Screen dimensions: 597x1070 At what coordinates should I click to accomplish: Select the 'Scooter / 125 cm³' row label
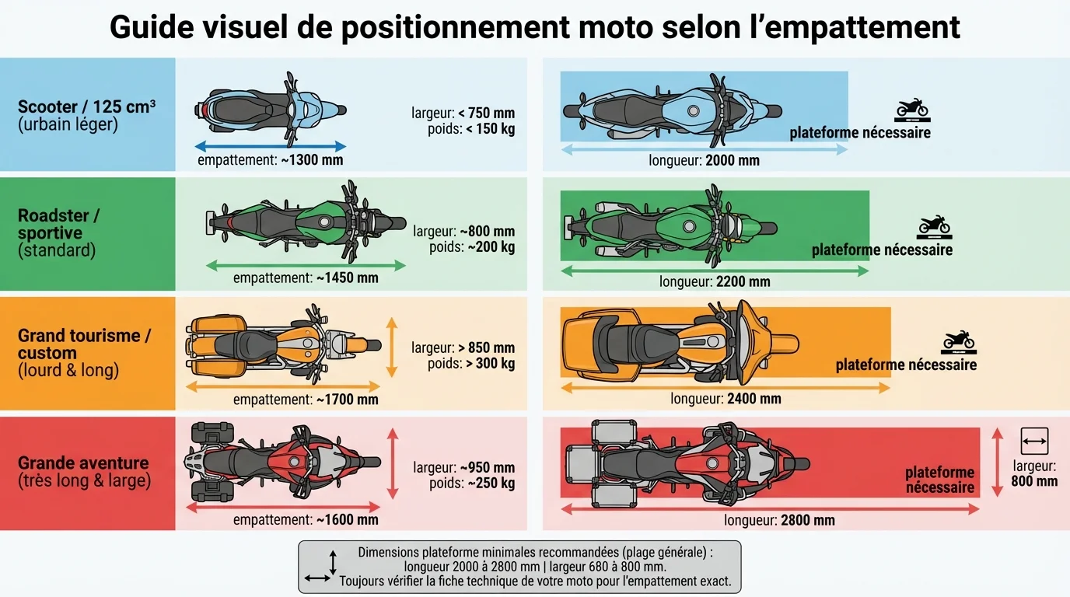tap(86, 107)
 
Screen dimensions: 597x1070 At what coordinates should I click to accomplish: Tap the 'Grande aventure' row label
tap(83, 463)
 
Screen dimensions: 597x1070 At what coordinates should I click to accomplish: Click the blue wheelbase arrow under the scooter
tap(270, 146)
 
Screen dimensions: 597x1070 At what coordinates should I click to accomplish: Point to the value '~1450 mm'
tap(348, 278)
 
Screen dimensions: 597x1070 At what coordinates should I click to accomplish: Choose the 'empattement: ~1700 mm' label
tap(306, 400)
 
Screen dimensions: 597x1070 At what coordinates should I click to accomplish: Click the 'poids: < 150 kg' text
tap(471, 129)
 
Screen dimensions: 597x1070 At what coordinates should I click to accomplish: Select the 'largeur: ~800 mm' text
tap(463, 232)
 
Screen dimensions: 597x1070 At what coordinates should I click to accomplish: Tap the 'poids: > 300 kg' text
tap(471, 363)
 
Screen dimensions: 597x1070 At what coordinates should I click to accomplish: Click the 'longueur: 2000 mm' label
tap(704, 161)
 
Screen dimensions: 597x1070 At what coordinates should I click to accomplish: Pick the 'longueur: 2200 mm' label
tap(715, 281)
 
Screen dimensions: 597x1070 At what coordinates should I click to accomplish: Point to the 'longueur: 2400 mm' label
tap(726, 399)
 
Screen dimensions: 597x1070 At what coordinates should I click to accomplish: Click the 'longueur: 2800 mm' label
tap(779, 520)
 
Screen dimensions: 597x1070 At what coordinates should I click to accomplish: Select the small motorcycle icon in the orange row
tap(958, 340)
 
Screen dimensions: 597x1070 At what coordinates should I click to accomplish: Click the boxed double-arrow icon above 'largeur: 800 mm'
tap(1034, 442)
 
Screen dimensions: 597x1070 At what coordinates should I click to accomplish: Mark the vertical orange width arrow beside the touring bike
tap(392, 347)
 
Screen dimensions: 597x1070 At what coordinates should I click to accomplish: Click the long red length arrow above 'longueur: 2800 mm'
tap(770, 509)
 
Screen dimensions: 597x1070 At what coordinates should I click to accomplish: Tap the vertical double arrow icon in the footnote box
tap(334, 561)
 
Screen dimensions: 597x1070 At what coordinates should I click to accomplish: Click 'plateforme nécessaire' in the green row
tap(882, 250)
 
